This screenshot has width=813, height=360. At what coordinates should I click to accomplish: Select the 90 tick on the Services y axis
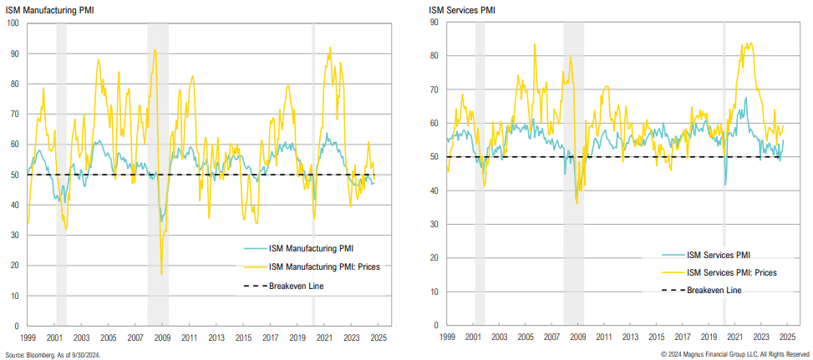pos(434,23)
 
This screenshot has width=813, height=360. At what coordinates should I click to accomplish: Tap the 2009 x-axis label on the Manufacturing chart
pos(162,337)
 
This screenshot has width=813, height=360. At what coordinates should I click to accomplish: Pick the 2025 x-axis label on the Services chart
pos(788,337)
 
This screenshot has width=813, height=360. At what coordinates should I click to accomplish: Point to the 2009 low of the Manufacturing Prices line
pos(161,273)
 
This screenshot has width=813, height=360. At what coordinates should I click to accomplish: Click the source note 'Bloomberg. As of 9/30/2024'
pos(52,353)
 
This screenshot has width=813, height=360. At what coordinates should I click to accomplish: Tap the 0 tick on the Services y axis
pos(436,326)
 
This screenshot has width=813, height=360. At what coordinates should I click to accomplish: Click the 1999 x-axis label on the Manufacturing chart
pos(28,337)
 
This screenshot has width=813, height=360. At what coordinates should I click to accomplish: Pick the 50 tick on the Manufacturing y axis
pos(15,175)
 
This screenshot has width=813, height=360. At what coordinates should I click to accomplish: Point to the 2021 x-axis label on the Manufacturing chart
pos(324,337)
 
